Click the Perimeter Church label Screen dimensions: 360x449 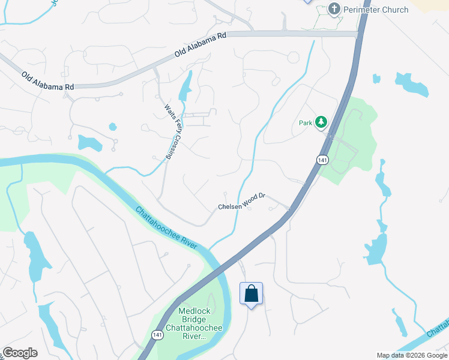click(x=376, y=10)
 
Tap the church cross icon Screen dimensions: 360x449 click(x=334, y=9)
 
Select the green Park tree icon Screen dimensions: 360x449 click(x=321, y=122)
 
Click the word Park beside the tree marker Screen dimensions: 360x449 click(x=306, y=123)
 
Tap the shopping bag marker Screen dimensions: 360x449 click(x=251, y=294)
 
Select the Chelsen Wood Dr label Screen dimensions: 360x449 click(x=241, y=202)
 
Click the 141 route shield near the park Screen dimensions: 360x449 click(x=322, y=160)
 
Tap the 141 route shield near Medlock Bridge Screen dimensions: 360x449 click(x=157, y=335)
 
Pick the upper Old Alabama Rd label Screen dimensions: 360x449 click(x=200, y=45)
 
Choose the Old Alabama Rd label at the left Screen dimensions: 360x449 click(x=47, y=81)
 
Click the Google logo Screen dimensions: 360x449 click(x=20, y=353)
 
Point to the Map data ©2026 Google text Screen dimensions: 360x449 click(x=412, y=355)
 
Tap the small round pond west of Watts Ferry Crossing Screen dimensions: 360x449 click(x=112, y=127)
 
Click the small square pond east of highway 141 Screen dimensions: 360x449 click(x=376, y=79)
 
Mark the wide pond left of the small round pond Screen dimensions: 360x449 click(x=89, y=143)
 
